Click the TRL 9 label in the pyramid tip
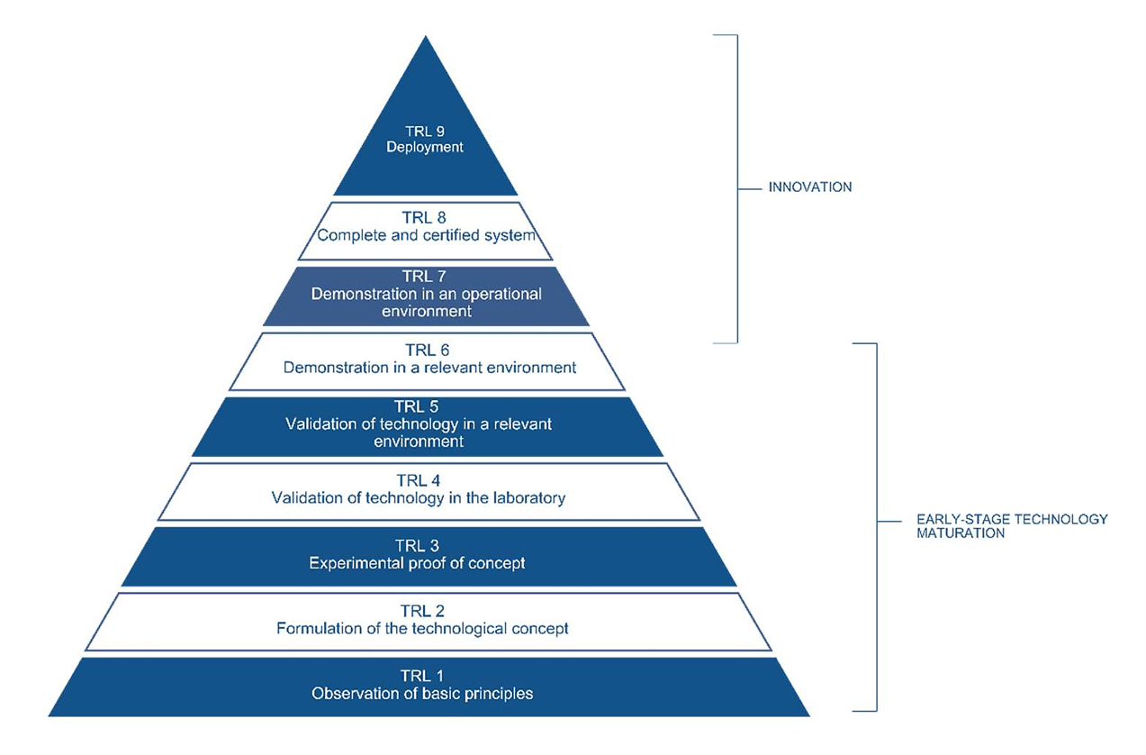(x=426, y=131)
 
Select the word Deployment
(x=426, y=147)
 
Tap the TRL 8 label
(x=426, y=218)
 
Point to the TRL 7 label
(x=426, y=277)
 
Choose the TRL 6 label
(x=426, y=350)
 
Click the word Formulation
(x=317, y=628)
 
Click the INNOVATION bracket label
(x=809, y=187)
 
